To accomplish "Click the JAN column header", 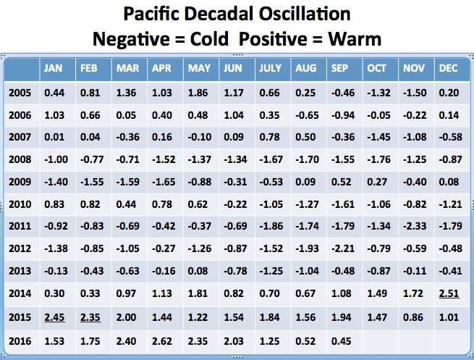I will [54, 69].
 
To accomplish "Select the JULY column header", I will [271, 69].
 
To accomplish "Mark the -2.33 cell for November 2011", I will [413, 226].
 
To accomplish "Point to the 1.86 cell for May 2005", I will [199, 92].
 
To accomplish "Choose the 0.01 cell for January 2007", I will [55, 137].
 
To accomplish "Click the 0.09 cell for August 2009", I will [305, 181].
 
